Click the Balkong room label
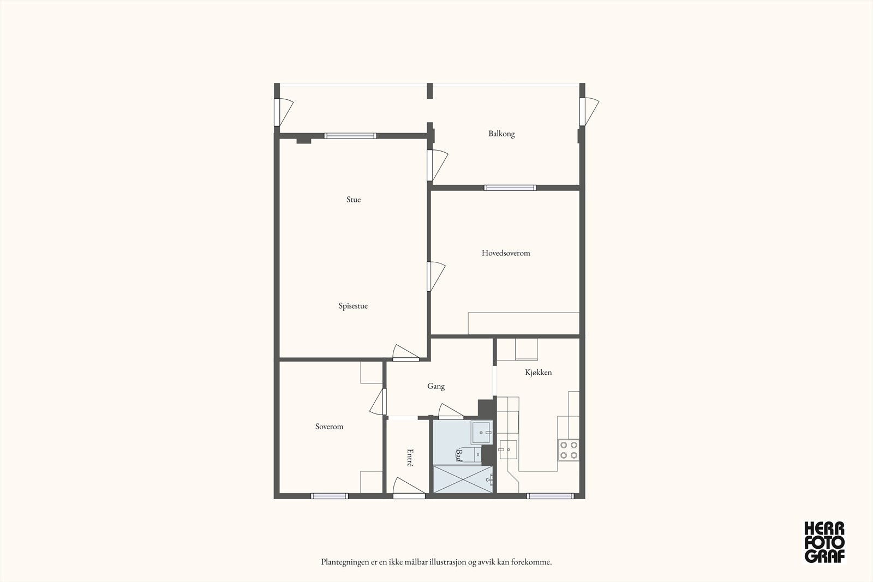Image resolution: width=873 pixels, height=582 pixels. pos(501,134)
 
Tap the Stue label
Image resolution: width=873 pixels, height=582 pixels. pos(354,200)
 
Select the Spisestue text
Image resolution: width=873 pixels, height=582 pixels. pos(353,306)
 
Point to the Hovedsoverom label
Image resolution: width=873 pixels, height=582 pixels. pos(506,253)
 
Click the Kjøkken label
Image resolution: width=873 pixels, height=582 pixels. pos(538,373)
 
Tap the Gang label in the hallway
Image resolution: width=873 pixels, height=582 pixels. pos(436,386)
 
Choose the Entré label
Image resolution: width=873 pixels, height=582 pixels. pos(410,458)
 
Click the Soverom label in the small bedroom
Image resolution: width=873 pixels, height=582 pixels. pos(330,427)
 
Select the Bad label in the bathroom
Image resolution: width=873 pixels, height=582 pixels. pos(459,455)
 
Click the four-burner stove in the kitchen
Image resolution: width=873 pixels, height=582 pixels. pos(568,450)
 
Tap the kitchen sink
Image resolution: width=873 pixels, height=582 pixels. pos(508,449)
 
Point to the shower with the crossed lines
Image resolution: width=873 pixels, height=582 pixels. pos(463,479)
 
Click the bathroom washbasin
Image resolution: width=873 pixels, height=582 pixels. pos(482,433)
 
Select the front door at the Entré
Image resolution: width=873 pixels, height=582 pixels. pos(409,489)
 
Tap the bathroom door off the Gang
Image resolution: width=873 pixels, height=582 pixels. pos(451,411)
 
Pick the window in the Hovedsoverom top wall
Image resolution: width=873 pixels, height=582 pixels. pos(510,188)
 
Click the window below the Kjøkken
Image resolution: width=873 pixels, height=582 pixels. pos(551,496)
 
